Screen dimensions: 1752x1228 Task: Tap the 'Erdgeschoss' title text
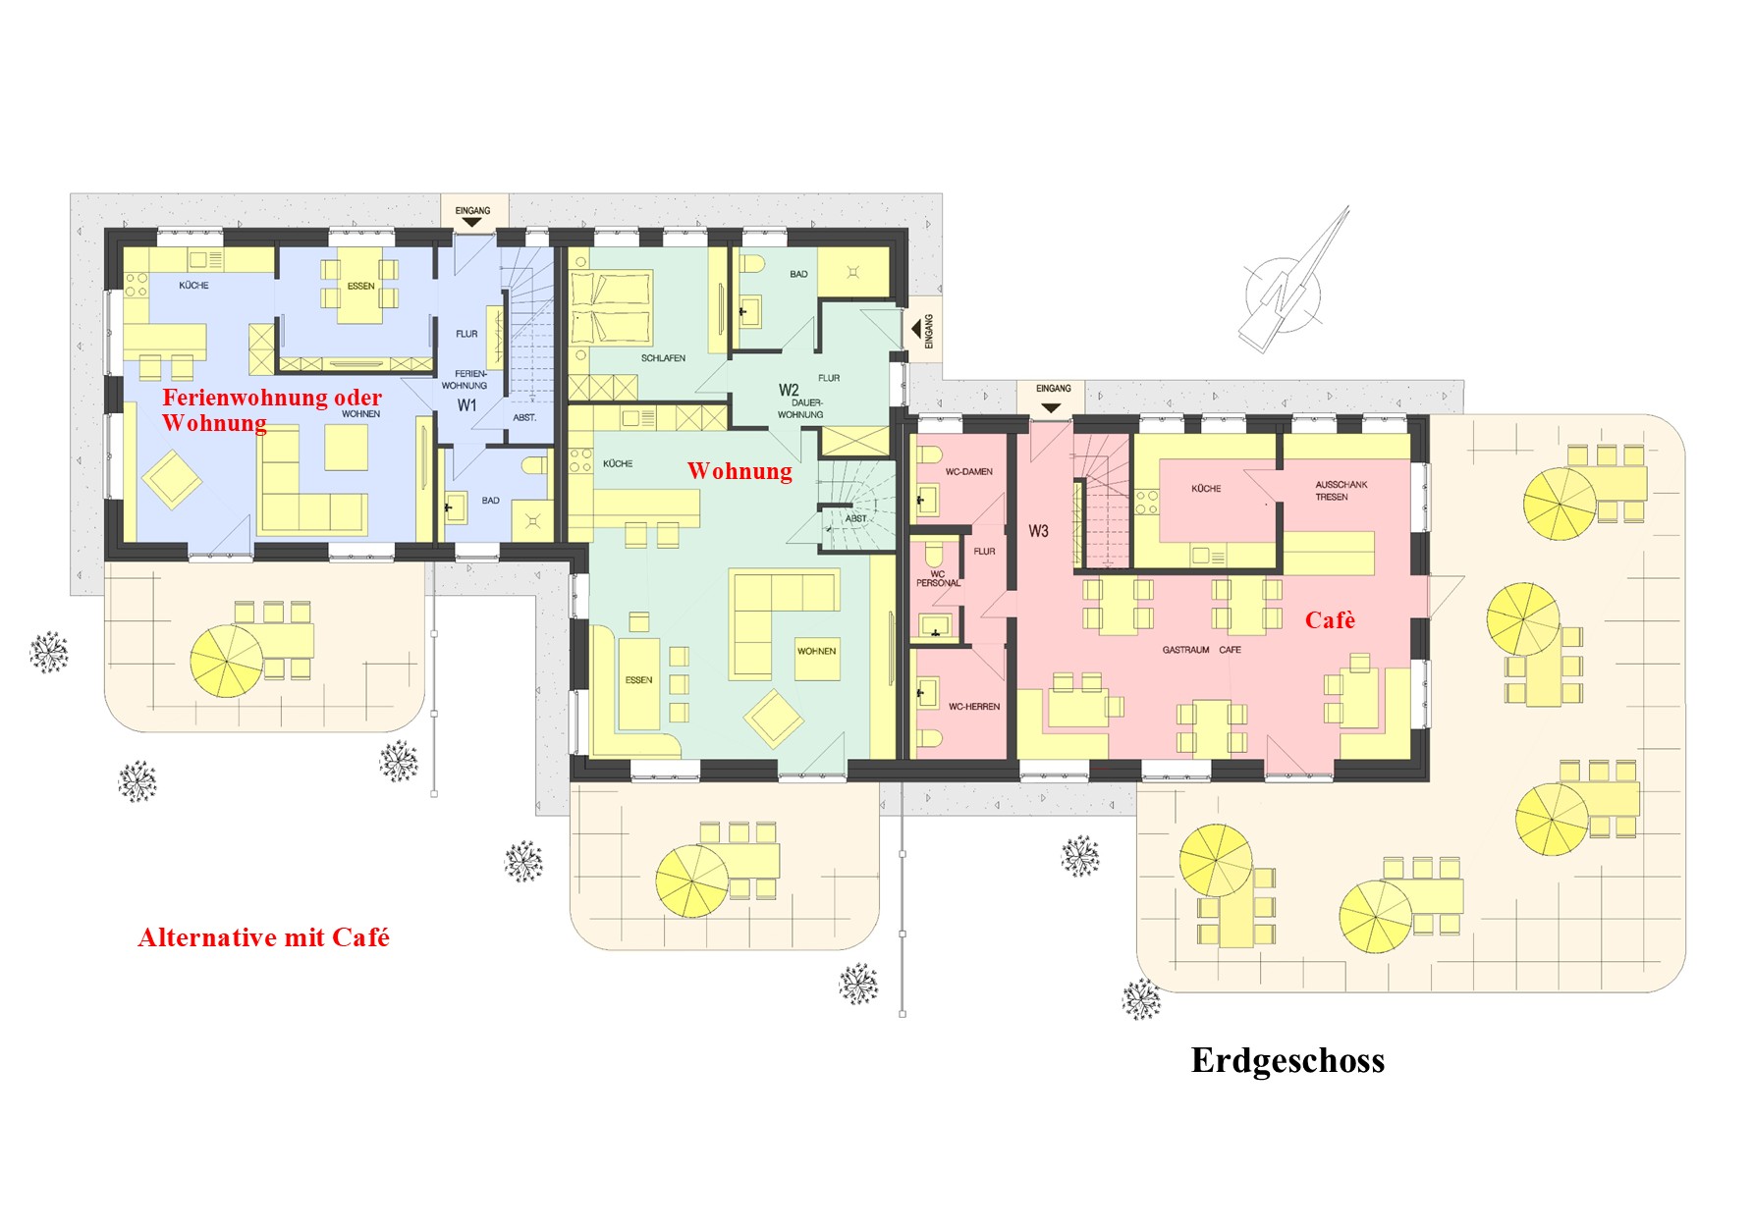[x=1287, y=1061]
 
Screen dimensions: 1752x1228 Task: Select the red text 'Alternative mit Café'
[x=263, y=937]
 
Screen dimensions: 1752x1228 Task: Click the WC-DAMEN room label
[x=968, y=472]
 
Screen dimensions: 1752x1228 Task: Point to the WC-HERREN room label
[x=973, y=707]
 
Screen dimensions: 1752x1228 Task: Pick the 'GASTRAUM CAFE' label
[x=1201, y=650]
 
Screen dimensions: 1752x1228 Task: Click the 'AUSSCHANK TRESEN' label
[x=1341, y=491]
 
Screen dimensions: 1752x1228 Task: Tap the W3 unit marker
[x=1038, y=531]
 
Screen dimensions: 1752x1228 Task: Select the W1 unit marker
[x=466, y=405]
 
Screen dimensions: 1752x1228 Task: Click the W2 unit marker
[x=789, y=390]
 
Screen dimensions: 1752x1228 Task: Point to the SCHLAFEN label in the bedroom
[x=663, y=358]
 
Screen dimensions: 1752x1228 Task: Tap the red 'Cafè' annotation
[x=1330, y=620]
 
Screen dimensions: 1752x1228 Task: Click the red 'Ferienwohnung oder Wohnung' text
[x=272, y=410]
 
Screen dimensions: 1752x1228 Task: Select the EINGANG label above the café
[x=1053, y=389]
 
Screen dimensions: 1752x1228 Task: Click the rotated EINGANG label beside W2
[x=929, y=331]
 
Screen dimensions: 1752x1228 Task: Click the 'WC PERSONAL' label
[x=938, y=578]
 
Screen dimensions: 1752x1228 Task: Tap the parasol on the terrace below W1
[x=226, y=660]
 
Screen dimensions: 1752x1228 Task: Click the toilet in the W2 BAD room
[x=752, y=265]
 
